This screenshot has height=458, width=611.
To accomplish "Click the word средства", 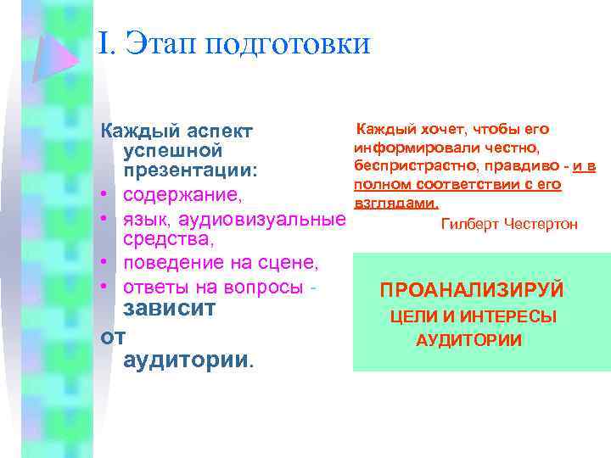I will (166, 243).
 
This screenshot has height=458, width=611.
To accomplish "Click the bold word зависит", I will (173, 310).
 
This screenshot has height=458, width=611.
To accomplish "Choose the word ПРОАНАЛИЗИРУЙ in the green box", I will (472, 291).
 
